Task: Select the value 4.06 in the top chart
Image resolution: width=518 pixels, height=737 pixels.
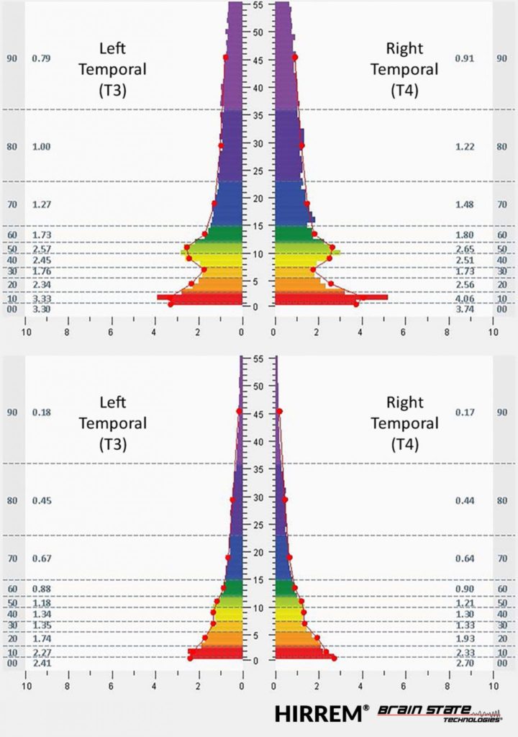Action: point(464,299)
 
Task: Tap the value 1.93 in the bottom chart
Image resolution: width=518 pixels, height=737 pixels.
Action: point(464,639)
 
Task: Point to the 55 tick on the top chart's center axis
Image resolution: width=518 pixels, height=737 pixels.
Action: point(258,4)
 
